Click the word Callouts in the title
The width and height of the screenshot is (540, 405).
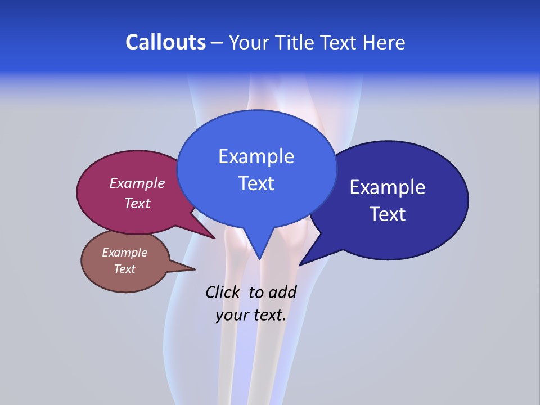click(166, 42)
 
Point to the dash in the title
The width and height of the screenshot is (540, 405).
click(217, 43)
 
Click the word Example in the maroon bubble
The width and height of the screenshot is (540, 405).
click(137, 183)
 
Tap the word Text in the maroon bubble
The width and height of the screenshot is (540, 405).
click(137, 203)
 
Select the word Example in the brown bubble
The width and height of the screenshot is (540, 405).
click(125, 253)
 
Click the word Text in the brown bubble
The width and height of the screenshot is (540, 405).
click(125, 269)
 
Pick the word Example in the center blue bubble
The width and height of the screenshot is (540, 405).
click(256, 156)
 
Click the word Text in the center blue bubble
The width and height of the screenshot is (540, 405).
click(256, 183)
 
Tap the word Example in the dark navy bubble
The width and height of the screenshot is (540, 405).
click(388, 187)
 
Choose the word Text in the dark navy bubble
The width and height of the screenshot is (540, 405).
click(388, 214)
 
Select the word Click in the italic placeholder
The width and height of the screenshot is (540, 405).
click(222, 292)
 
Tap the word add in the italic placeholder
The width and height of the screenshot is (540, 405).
click(282, 292)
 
